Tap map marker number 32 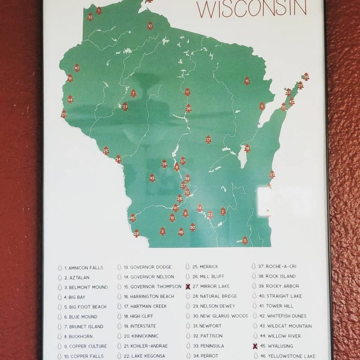pyautogui.click(x=90, y=16)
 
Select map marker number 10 pyautogui.click(x=150, y=25)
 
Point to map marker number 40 pyautogui.click(x=77, y=68)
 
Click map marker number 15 pyautogui.click(x=247, y=80)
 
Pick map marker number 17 pyautogui.click(x=208, y=139)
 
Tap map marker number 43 pyautogui.click(x=152, y=178)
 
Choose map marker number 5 pyautogui.click(x=245, y=240)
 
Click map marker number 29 pyautogui.click(x=137, y=233)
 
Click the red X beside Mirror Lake pyautogui.click(x=188, y=287)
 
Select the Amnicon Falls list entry pyautogui.click(x=85, y=268)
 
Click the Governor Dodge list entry pyautogui.click(x=147, y=267)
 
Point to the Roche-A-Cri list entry pyautogui.click(x=277, y=267)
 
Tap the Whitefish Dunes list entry pyautogui.click(x=282, y=316)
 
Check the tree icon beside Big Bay pyautogui.click(x=60, y=297)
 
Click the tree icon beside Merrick pyautogui.click(x=188, y=267)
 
